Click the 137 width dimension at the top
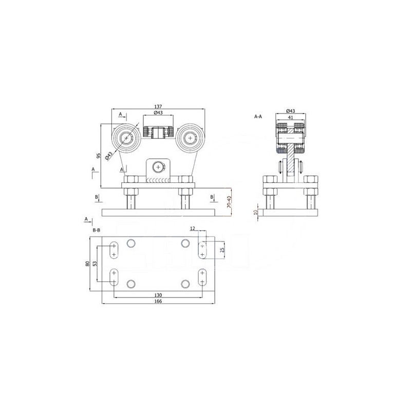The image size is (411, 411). (158, 106)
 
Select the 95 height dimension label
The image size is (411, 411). (98, 156)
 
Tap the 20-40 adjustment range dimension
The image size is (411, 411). (229, 202)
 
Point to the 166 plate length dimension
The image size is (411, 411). (158, 301)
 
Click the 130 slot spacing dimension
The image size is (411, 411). (158, 295)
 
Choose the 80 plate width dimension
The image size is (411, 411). (87, 264)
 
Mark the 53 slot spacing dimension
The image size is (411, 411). (95, 264)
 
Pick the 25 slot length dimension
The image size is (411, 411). (222, 250)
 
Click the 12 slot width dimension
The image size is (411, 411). (193, 229)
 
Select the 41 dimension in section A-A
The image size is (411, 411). (290, 118)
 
